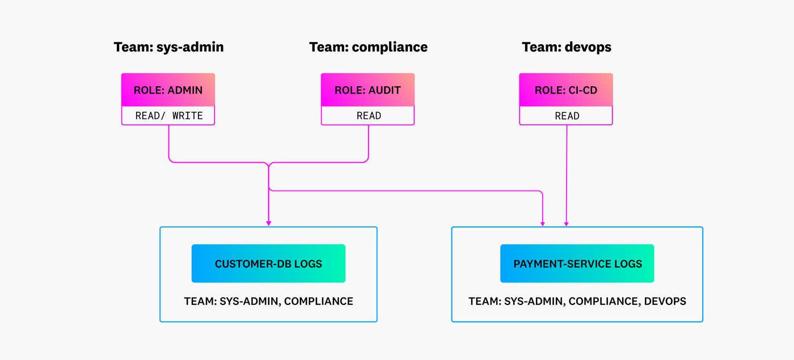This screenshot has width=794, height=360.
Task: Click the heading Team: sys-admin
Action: [168, 47]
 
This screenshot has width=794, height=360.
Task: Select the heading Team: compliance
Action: [368, 47]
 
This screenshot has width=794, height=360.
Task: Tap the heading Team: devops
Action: [567, 47]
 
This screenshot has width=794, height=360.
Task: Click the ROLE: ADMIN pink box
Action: [168, 90]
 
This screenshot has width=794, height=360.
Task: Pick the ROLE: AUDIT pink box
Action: [368, 90]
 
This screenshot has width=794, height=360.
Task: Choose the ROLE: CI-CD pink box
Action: [566, 90]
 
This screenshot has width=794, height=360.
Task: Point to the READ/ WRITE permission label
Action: [168, 116]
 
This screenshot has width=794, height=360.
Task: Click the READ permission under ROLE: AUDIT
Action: [368, 116]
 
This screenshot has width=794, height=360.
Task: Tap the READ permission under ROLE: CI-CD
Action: [567, 116]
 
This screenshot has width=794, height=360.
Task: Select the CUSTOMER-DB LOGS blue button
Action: [268, 264]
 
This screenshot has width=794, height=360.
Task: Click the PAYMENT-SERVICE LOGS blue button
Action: [577, 264]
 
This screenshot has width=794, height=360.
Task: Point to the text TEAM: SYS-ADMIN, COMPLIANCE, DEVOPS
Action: [577, 301]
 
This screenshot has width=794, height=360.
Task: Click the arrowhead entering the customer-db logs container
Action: [268, 223]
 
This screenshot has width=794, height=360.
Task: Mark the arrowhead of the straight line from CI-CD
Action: [566, 223]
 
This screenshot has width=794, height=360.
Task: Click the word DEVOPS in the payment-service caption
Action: [665, 301]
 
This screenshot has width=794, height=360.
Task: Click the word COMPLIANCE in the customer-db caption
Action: [318, 301]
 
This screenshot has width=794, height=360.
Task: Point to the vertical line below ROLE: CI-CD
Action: [567, 170]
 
